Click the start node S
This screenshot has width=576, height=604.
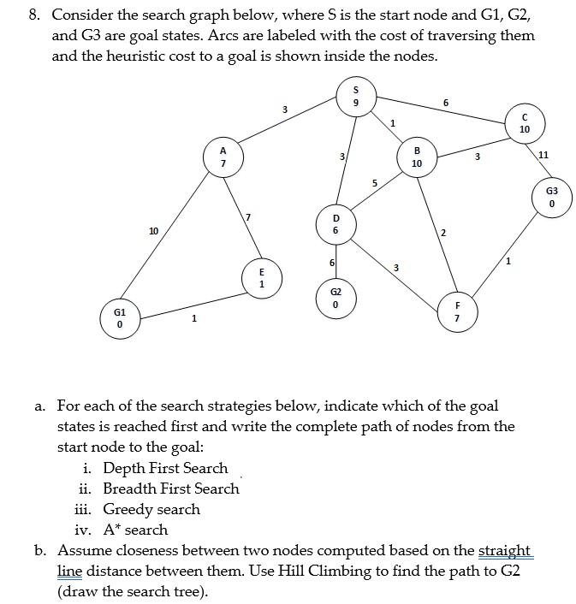[x=355, y=95]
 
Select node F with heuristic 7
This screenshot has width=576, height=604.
[x=457, y=311]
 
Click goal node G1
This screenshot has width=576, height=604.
[x=120, y=318]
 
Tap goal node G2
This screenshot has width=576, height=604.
[x=336, y=298]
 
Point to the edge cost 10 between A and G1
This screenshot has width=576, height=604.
[x=153, y=231]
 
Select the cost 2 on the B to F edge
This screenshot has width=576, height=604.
[x=443, y=233]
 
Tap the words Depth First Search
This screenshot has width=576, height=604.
[x=165, y=468]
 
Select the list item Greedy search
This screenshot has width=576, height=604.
[x=151, y=509]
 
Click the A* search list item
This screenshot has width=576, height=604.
[x=135, y=530]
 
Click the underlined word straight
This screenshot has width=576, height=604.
[x=505, y=550]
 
